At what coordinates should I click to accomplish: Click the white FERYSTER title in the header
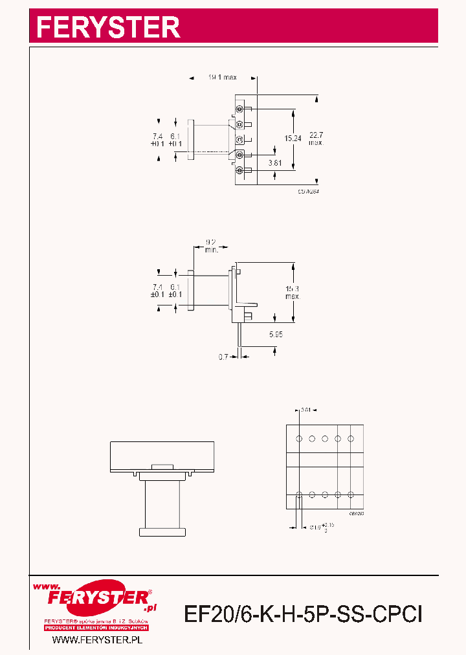108,27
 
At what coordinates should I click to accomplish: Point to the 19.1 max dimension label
222,78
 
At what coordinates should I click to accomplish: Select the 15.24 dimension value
293,138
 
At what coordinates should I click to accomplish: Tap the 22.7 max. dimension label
316,138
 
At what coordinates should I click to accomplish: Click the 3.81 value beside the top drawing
275,162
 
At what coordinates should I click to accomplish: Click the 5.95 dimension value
276,334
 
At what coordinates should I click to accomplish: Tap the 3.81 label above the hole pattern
307,409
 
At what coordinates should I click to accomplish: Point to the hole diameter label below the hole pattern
320,527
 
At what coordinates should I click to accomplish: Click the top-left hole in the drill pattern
299,439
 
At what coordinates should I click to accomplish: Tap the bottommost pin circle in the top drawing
239,170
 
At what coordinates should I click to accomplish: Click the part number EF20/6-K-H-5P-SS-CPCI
304,613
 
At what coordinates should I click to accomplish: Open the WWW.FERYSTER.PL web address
96,639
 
